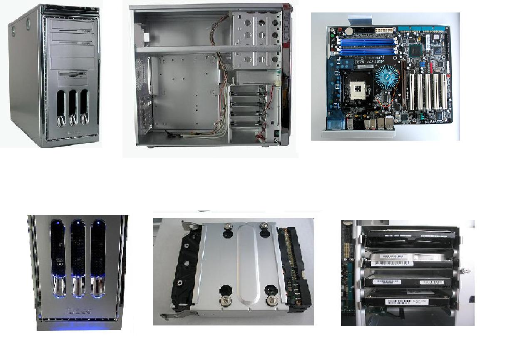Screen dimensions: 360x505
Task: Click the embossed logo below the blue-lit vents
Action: (77, 310)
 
